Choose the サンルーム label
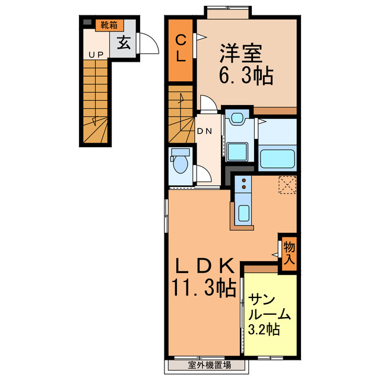point(269,306)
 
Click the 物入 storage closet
point(289,252)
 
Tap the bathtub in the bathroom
point(278,158)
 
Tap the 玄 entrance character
point(123,43)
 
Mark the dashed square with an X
point(288,185)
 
